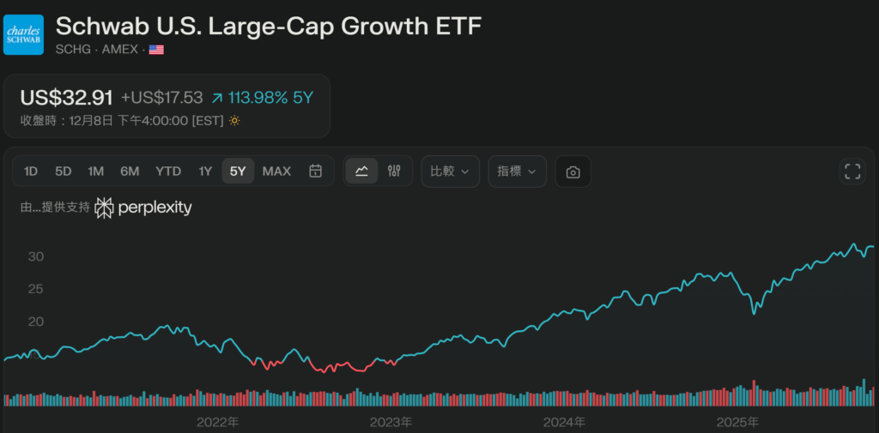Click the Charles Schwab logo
23,34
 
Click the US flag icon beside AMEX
156,50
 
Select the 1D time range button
31,171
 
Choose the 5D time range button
64,171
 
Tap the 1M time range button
95,171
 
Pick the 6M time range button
130,171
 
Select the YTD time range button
168,171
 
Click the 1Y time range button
205,171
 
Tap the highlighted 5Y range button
238,171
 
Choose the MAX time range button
276,171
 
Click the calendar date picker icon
316,171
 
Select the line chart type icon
361,171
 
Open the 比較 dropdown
450,171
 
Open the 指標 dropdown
517,171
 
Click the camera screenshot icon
573,171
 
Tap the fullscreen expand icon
852,171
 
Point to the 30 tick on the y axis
35,256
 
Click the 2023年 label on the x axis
391,422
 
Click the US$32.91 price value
67,98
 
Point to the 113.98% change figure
258,98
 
